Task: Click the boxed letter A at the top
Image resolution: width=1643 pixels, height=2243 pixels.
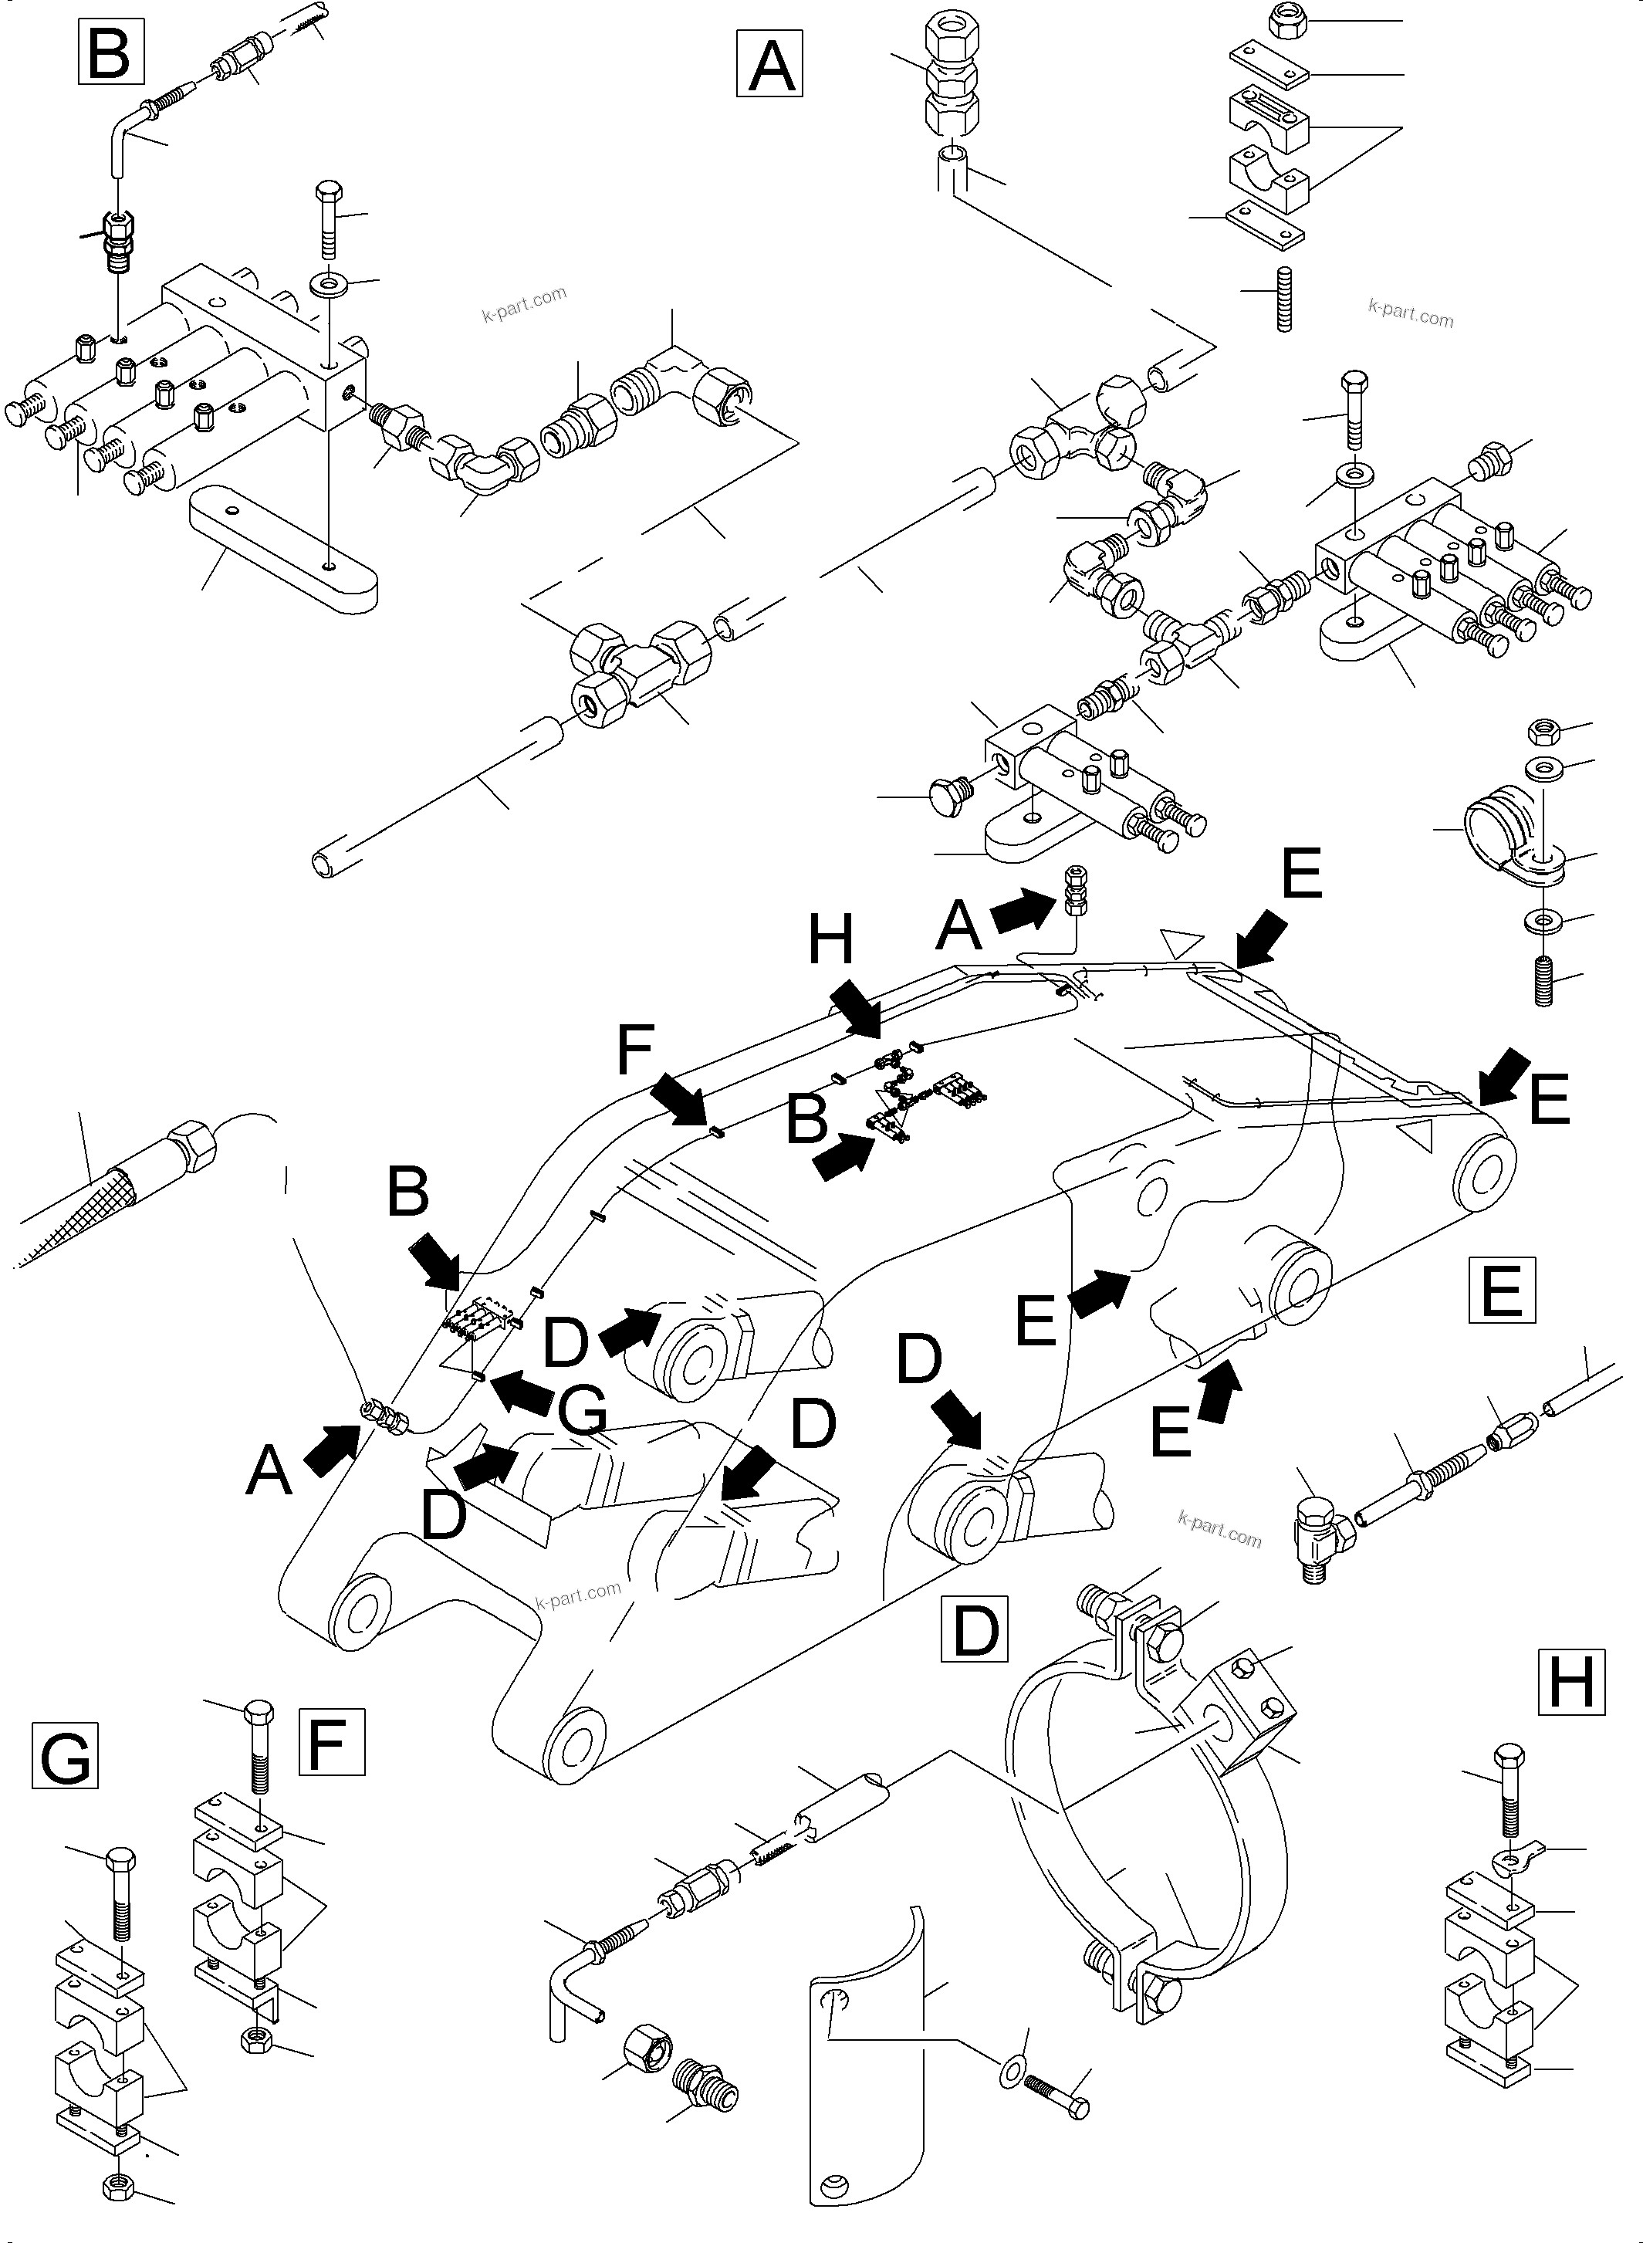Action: point(769,63)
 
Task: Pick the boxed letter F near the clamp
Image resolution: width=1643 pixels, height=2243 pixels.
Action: point(332,1741)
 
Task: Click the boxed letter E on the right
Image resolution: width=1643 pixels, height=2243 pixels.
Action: point(1502,1290)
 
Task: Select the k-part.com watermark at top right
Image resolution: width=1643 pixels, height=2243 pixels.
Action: point(1410,313)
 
